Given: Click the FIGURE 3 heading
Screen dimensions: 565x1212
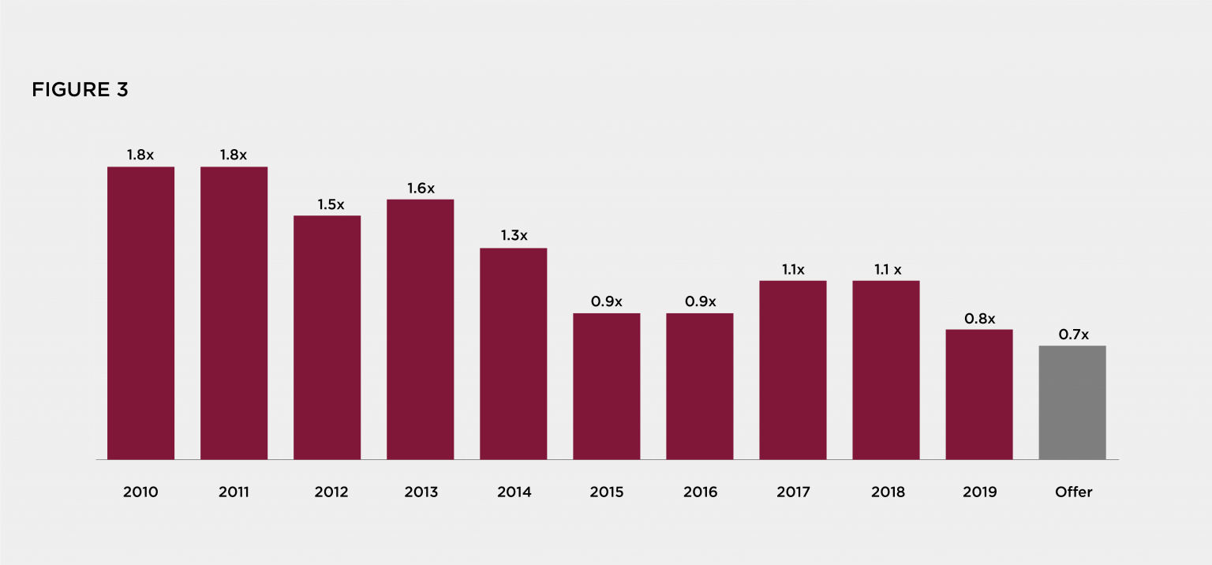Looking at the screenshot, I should (x=80, y=90).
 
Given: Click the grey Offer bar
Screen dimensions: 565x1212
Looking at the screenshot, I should (x=1072, y=402).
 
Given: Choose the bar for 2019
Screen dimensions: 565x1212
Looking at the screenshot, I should (x=978, y=394).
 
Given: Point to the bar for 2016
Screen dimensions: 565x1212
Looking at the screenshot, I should (x=699, y=386).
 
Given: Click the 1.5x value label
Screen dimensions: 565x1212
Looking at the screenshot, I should (x=331, y=204).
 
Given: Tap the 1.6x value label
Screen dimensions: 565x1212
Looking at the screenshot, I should (x=421, y=189).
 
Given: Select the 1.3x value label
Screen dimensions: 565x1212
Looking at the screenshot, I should (x=514, y=236).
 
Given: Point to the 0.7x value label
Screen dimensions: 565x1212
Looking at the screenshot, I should (x=1073, y=335).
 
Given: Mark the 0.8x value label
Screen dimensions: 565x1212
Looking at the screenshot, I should (x=980, y=319).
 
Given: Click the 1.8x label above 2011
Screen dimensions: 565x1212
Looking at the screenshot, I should (x=234, y=155).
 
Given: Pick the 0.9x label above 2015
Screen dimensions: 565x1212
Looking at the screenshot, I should (x=607, y=301).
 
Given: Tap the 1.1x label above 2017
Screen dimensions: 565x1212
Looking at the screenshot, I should (x=793, y=270).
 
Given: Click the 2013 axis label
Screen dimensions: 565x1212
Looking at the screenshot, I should (x=421, y=492).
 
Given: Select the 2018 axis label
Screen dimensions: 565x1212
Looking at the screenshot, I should (x=888, y=492).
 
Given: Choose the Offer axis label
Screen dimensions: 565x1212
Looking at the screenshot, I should (x=1073, y=492).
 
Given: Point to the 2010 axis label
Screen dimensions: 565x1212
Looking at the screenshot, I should (x=140, y=492).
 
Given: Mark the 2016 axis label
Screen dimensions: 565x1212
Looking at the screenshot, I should (x=700, y=492).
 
